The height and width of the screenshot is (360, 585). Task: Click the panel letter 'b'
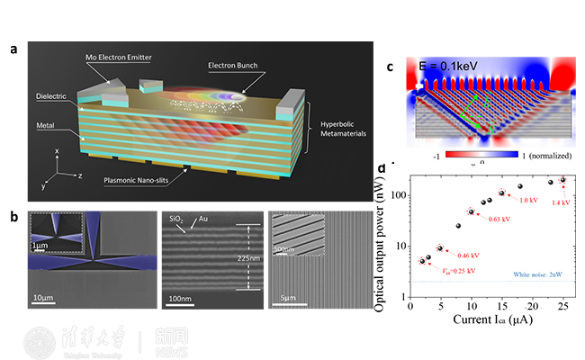click(x=13, y=216)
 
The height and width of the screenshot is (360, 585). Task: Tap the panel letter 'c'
click(x=390, y=67)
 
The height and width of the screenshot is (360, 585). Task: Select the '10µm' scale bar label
click(x=47, y=298)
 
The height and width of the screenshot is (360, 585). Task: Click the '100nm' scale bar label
click(x=181, y=298)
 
